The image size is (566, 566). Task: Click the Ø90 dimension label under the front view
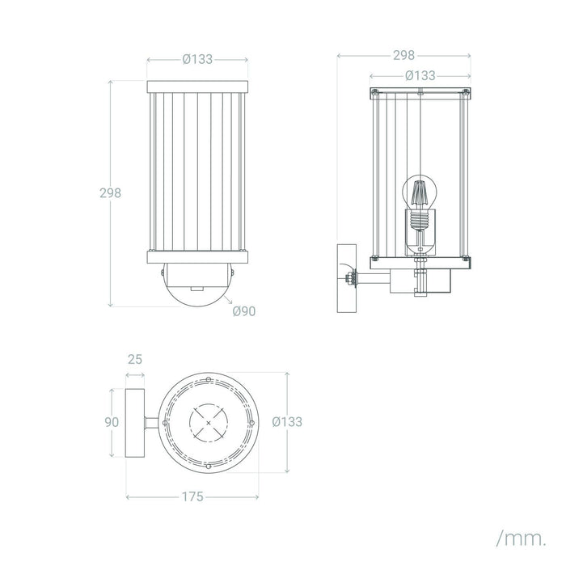[x=244, y=311]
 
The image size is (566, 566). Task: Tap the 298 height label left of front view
[x=111, y=193]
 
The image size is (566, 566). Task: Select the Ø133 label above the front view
[x=197, y=59]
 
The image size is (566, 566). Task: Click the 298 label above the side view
[x=404, y=55]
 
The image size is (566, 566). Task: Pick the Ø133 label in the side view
[x=420, y=76]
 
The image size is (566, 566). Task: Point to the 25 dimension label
[x=135, y=360]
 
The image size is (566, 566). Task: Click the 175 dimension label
[x=192, y=497]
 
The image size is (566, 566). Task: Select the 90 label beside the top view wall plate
[x=112, y=422]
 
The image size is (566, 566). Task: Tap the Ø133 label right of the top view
[x=287, y=421]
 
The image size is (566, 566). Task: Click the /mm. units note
[x=522, y=539]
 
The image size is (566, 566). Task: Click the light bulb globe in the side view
[x=420, y=192]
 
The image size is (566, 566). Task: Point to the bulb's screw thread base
[x=419, y=220]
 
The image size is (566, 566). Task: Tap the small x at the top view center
[x=209, y=423]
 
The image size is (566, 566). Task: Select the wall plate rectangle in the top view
[x=135, y=423]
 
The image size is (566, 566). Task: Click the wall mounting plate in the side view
[x=347, y=278]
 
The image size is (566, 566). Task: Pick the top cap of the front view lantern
[x=197, y=87]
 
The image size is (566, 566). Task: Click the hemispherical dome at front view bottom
[x=197, y=285]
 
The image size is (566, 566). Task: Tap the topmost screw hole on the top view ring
[x=209, y=379]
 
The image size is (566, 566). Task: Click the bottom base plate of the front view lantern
[x=197, y=257]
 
